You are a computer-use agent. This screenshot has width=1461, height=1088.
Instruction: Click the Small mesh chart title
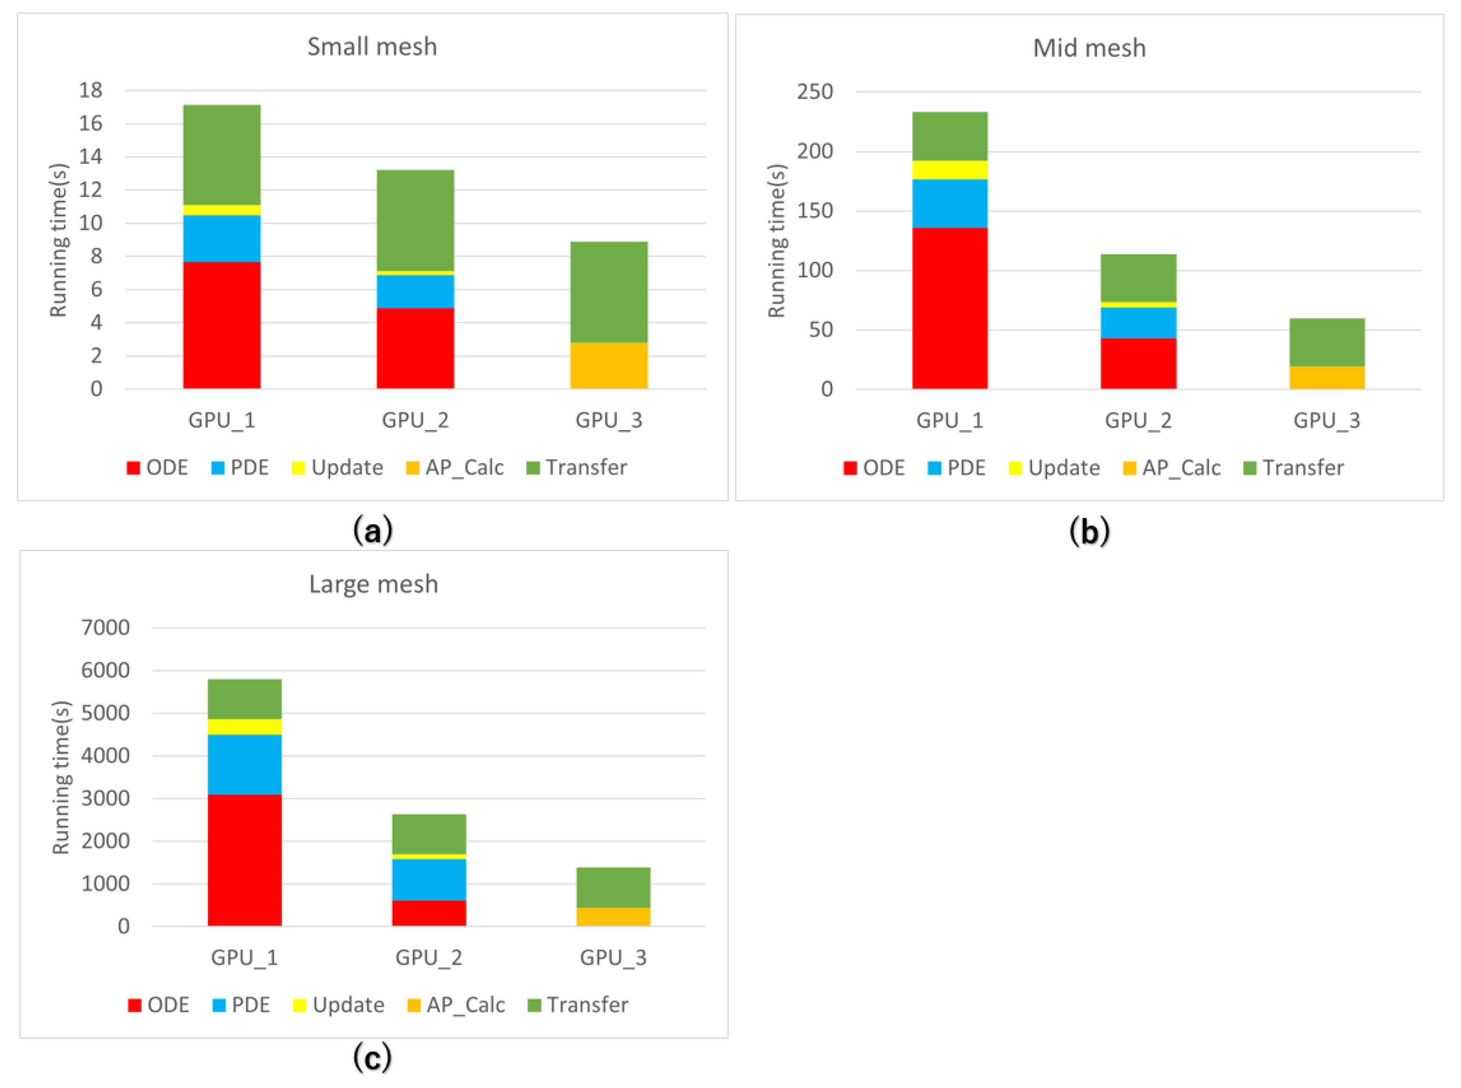(372, 47)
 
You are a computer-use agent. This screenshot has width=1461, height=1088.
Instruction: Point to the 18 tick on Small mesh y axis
(91, 90)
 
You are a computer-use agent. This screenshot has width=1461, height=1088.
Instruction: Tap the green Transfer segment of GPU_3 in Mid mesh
(1326, 342)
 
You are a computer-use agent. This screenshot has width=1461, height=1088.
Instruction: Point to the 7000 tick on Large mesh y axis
(106, 628)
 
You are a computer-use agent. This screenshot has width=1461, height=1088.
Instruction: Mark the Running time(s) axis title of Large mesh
(61, 777)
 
